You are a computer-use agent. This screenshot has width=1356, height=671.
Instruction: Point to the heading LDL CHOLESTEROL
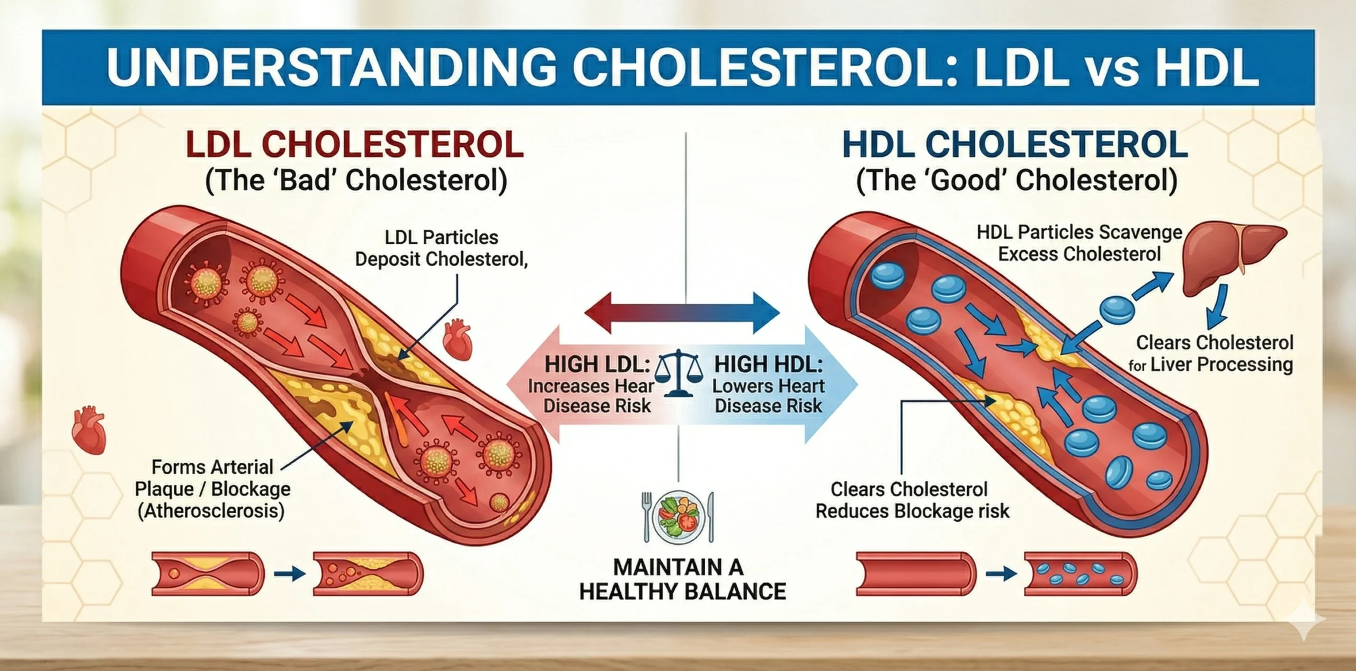tap(355, 144)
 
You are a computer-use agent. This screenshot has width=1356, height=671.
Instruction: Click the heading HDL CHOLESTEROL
tap(1014, 144)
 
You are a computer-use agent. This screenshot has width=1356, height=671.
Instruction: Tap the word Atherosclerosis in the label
tap(211, 511)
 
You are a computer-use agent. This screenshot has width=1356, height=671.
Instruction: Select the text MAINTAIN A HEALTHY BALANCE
tap(682, 579)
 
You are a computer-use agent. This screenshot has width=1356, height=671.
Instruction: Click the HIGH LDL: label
tap(597, 365)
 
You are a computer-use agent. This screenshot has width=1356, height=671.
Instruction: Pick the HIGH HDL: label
tap(769, 365)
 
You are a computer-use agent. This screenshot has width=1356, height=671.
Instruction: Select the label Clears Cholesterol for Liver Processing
tap(1213, 354)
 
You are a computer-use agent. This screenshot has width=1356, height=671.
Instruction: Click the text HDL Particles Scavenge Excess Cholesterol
tap(1080, 243)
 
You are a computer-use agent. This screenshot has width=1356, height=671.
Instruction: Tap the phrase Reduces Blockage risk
tap(912, 511)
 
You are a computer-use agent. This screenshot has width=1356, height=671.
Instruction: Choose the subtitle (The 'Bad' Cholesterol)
tap(356, 181)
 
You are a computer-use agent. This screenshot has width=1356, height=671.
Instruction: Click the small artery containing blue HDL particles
tap(1081, 575)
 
